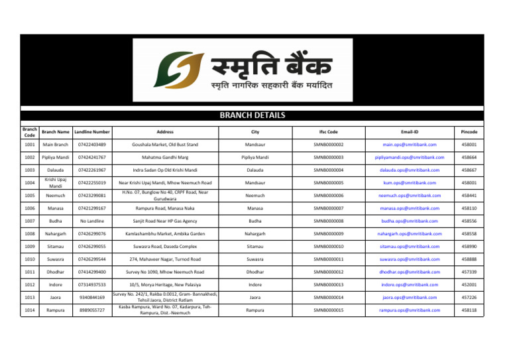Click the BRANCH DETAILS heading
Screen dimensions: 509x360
pyautogui.click(x=254, y=115)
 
